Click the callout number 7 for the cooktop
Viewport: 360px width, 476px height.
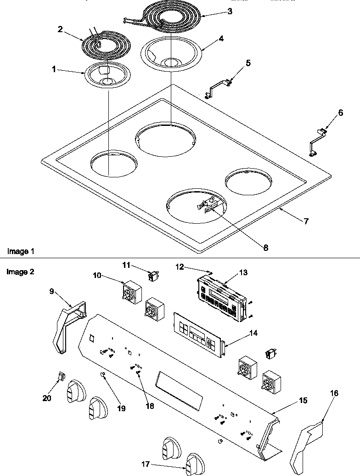click(306, 221)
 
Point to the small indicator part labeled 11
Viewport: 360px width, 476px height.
click(152, 275)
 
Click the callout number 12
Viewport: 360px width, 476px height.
click(180, 266)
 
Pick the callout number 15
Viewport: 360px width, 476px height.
click(290, 401)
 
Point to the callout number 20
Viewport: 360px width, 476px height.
click(47, 398)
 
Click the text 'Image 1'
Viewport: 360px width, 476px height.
click(21, 251)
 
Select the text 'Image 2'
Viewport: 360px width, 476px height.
click(21, 272)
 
